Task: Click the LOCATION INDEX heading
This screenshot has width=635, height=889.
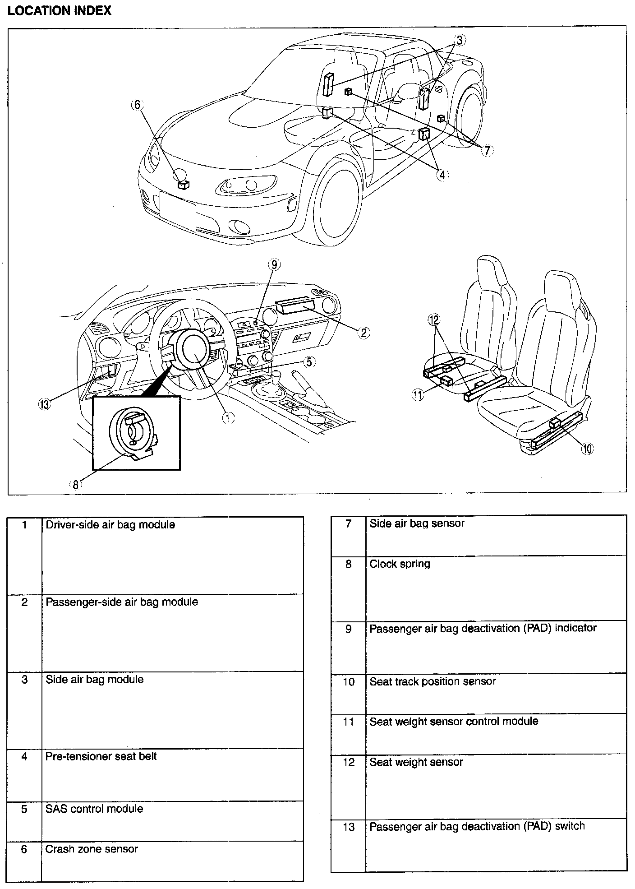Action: pyautogui.click(x=60, y=11)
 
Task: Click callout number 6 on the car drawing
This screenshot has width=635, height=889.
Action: pyautogui.click(x=137, y=105)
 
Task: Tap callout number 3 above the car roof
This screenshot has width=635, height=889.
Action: pyautogui.click(x=459, y=40)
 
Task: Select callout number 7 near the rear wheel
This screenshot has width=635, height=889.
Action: pyautogui.click(x=487, y=150)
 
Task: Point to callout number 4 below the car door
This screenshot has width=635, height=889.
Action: pyautogui.click(x=442, y=175)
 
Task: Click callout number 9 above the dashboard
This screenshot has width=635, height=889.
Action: pyautogui.click(x=274, y=265)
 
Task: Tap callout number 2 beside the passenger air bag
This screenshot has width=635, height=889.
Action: pyautogui.click(x=364, y=333)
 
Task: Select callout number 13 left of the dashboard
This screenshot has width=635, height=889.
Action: pyautogui.click(x=44, y=404)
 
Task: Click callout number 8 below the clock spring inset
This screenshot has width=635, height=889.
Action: pyautogui.click(x=75, y=485)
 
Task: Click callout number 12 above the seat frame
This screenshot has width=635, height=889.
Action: pyautogui.click(x=434, y=320)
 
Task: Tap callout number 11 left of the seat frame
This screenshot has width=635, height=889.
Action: pyautogui.click(x=418, y=395)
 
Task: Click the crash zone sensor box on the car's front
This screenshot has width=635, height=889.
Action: pyautogui.click(x=184, y=184)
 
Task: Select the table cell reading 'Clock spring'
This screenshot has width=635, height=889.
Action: pyautogui.click(x=400, y=564)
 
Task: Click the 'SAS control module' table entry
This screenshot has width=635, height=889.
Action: pyautogui.click(x=94, y=809)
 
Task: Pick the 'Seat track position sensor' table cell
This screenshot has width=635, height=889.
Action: pyautogui.click(x=433, y=681)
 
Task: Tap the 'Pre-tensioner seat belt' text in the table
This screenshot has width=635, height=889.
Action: pyautogui.click(x=101, y=756)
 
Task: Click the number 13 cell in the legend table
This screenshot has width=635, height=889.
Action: pyautogui.click(x=349, y=827)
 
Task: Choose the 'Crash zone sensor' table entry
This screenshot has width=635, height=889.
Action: pyautogui.click(x=92, y=849)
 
